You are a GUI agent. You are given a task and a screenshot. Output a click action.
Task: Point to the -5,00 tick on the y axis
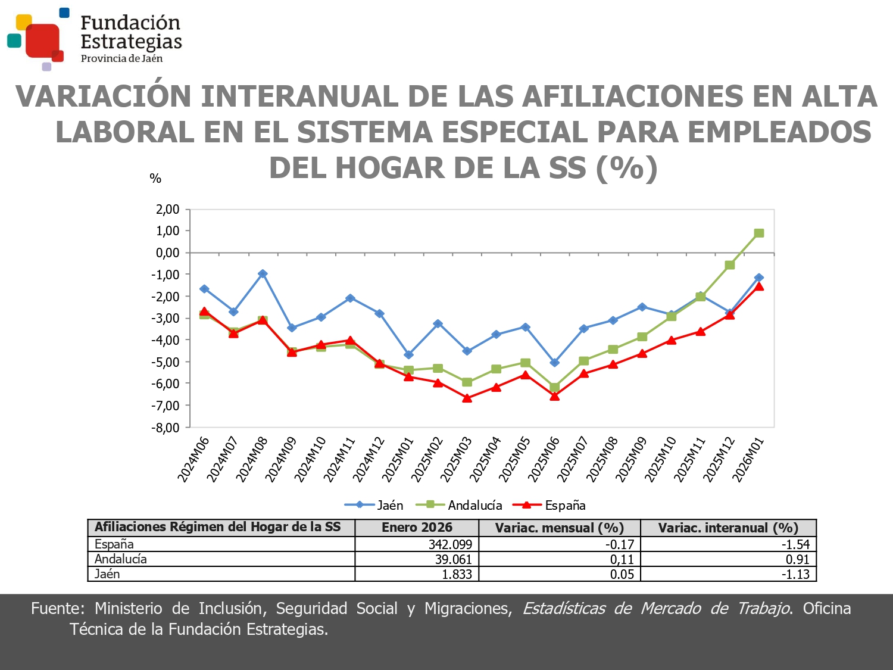tap(167, 362)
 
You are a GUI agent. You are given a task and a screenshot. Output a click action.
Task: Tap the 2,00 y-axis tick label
tap(167, 209)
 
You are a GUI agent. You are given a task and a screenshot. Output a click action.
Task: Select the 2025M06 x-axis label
tap(544, 459)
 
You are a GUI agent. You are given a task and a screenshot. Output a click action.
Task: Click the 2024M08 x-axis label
tap(252, 459)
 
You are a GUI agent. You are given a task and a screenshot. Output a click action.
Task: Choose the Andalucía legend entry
tap(459, 505)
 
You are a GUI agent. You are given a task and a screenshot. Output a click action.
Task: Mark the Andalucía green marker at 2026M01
tap(759, 233)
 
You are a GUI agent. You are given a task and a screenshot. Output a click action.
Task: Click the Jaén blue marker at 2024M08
tap(263, 274)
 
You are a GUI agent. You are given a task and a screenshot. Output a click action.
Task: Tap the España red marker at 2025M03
tap(467, 398)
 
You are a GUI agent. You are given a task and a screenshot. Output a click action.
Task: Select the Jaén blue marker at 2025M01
tap(408, 355)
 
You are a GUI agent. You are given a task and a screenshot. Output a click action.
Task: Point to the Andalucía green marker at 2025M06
tap(554, 388)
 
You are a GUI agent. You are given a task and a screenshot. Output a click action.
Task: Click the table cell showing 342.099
tap(450, 544)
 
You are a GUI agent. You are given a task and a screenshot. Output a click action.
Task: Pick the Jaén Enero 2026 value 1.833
tap(457, 574)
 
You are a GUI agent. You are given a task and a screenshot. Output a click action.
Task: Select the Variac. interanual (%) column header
tap(727, 528)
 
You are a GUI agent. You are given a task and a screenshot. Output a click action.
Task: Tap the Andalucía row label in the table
tap(121, 559)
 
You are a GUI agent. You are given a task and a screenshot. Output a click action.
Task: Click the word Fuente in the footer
tap(57, 609)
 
